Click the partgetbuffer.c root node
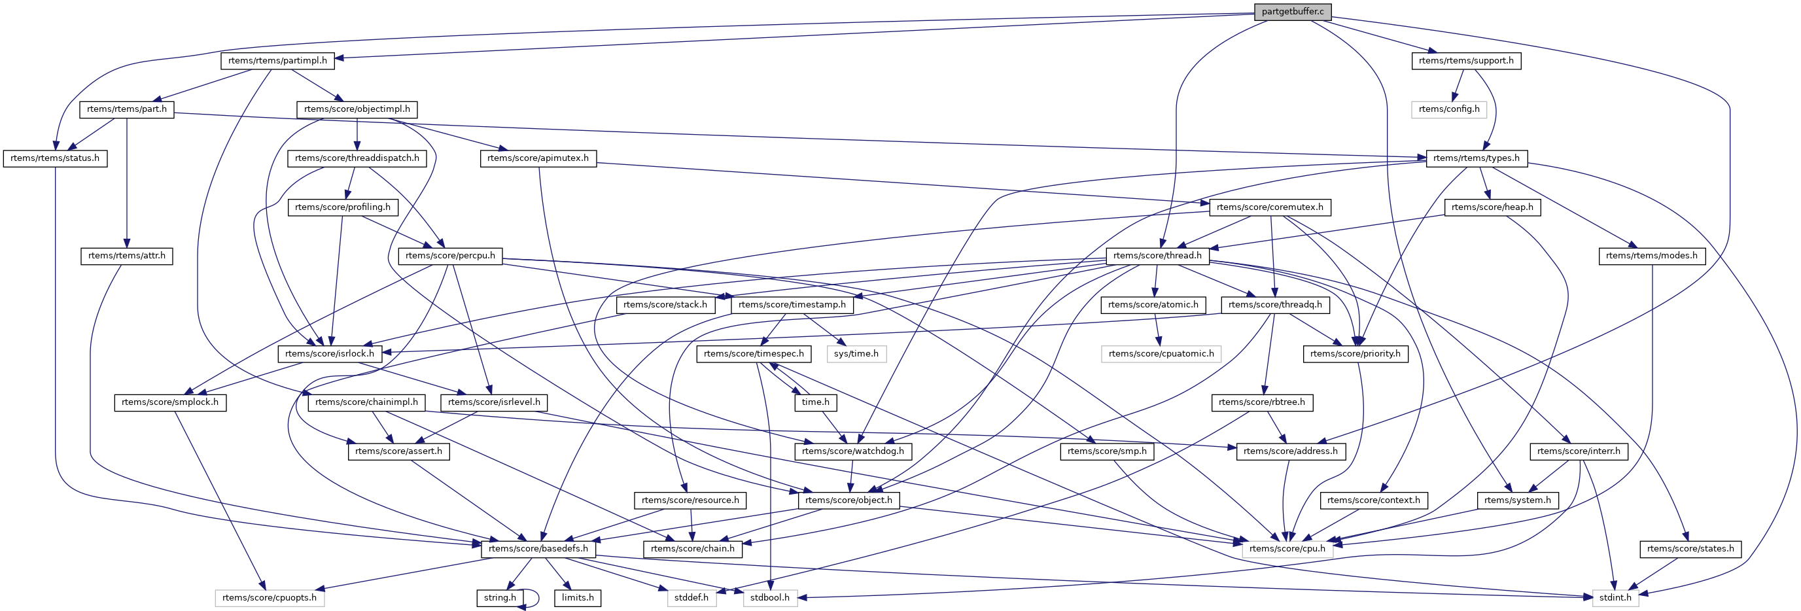pos(1292,12)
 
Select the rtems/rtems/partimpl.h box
pos(277,61)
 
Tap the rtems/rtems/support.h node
pos(1465,61)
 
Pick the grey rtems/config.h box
pos(1449,109)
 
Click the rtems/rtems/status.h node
pos(55,158)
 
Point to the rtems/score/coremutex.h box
pos(1270,207)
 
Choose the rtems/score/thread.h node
pos(1157,256)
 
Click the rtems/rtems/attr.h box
pos(126,256)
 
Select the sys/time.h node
pos(856,354)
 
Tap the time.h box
pos(815,402)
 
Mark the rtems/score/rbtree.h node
pos(1261,402)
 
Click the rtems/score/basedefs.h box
pos(538,549)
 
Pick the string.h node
pos(500,598)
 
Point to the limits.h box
pos(578,598)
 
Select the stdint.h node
pos(1615,598)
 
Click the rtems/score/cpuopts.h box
pos(269,598)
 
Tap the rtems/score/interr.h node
pos(1579,451)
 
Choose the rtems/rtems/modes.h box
pos(1651,256)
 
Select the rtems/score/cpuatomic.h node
pos(1161,354)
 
